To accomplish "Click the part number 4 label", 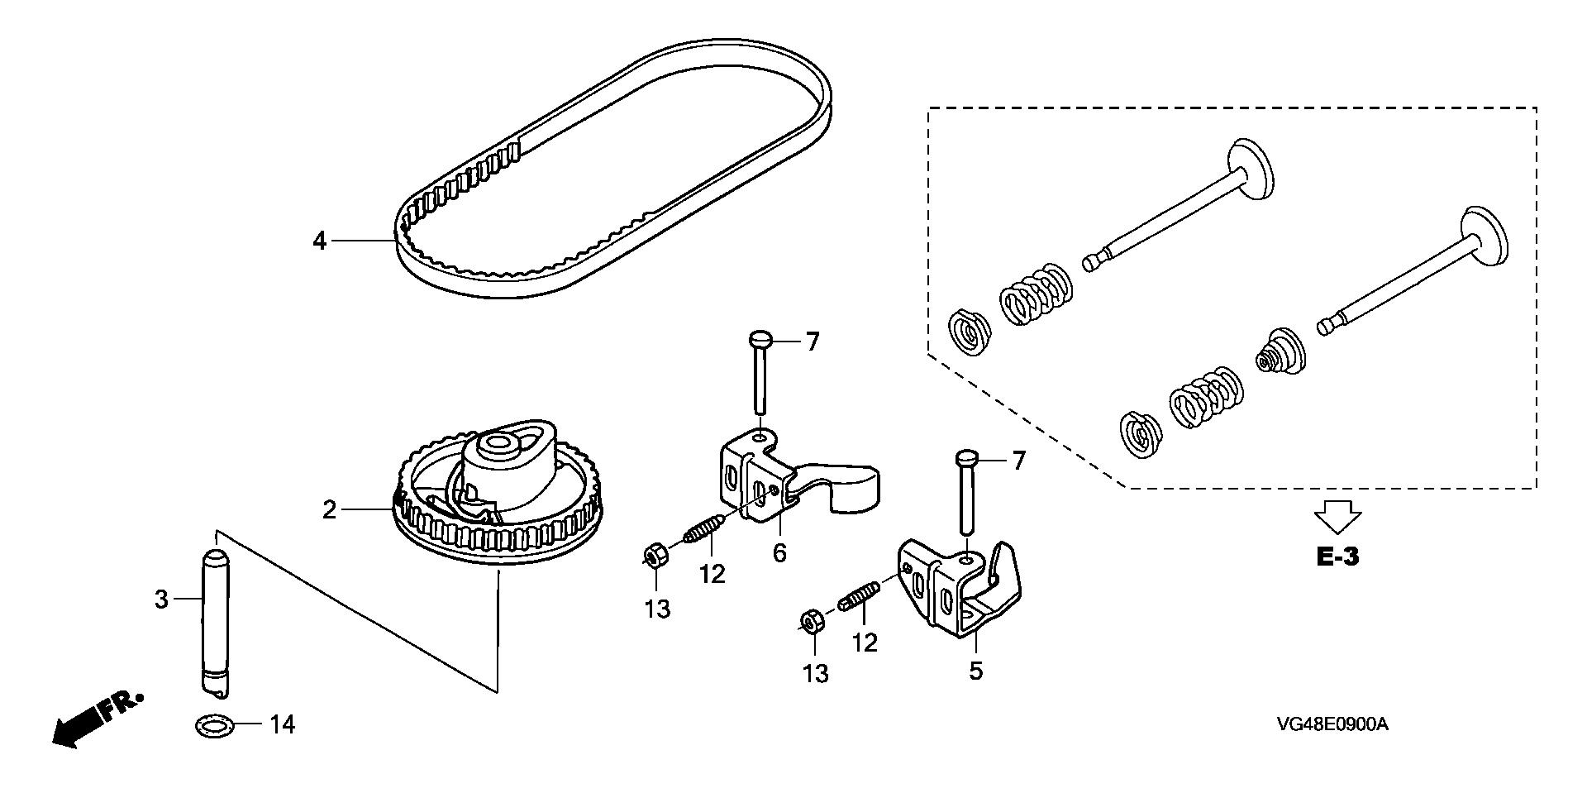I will coord(320,241).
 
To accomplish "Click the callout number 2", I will coord(330,510).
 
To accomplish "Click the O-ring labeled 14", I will coord(214,727).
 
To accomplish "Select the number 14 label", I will coord(281,725).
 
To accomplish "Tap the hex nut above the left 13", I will coord(655,555).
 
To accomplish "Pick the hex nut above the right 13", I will coord(811,621).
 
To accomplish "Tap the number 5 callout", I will coord(976,671).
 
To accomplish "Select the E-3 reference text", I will coord(1337,557).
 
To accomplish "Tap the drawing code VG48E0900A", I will coord(1332,725).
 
